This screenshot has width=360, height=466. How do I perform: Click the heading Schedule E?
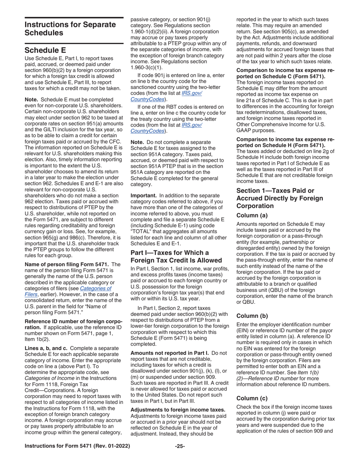point(45,50)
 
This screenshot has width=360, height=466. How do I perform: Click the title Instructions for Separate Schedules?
point(70,28)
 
